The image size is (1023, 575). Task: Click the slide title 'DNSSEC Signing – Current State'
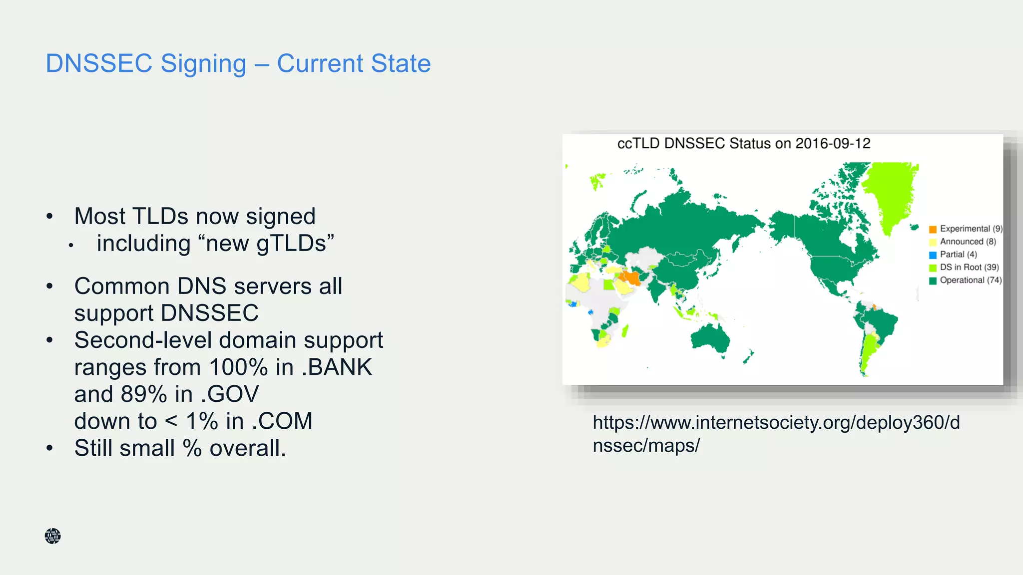(238, 63)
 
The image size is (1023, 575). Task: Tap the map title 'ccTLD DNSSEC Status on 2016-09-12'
(743, 144)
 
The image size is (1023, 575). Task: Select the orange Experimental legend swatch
(932, 229)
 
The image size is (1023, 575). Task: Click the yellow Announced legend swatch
(932, 242)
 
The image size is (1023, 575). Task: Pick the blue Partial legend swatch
(932, 255)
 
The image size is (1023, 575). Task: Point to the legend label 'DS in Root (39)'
(969, 268)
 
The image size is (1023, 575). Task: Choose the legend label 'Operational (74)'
(970, 281)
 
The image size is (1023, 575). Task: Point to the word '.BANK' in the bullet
(337, 367)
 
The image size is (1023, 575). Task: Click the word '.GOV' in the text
(230, 394)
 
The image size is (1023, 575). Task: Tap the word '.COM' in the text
(282, 421)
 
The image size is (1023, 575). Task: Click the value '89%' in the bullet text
(143, 394)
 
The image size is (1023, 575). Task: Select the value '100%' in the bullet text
(238, 367)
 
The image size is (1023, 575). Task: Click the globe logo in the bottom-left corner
(52, 536)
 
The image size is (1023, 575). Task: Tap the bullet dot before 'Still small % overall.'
(49, 448)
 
